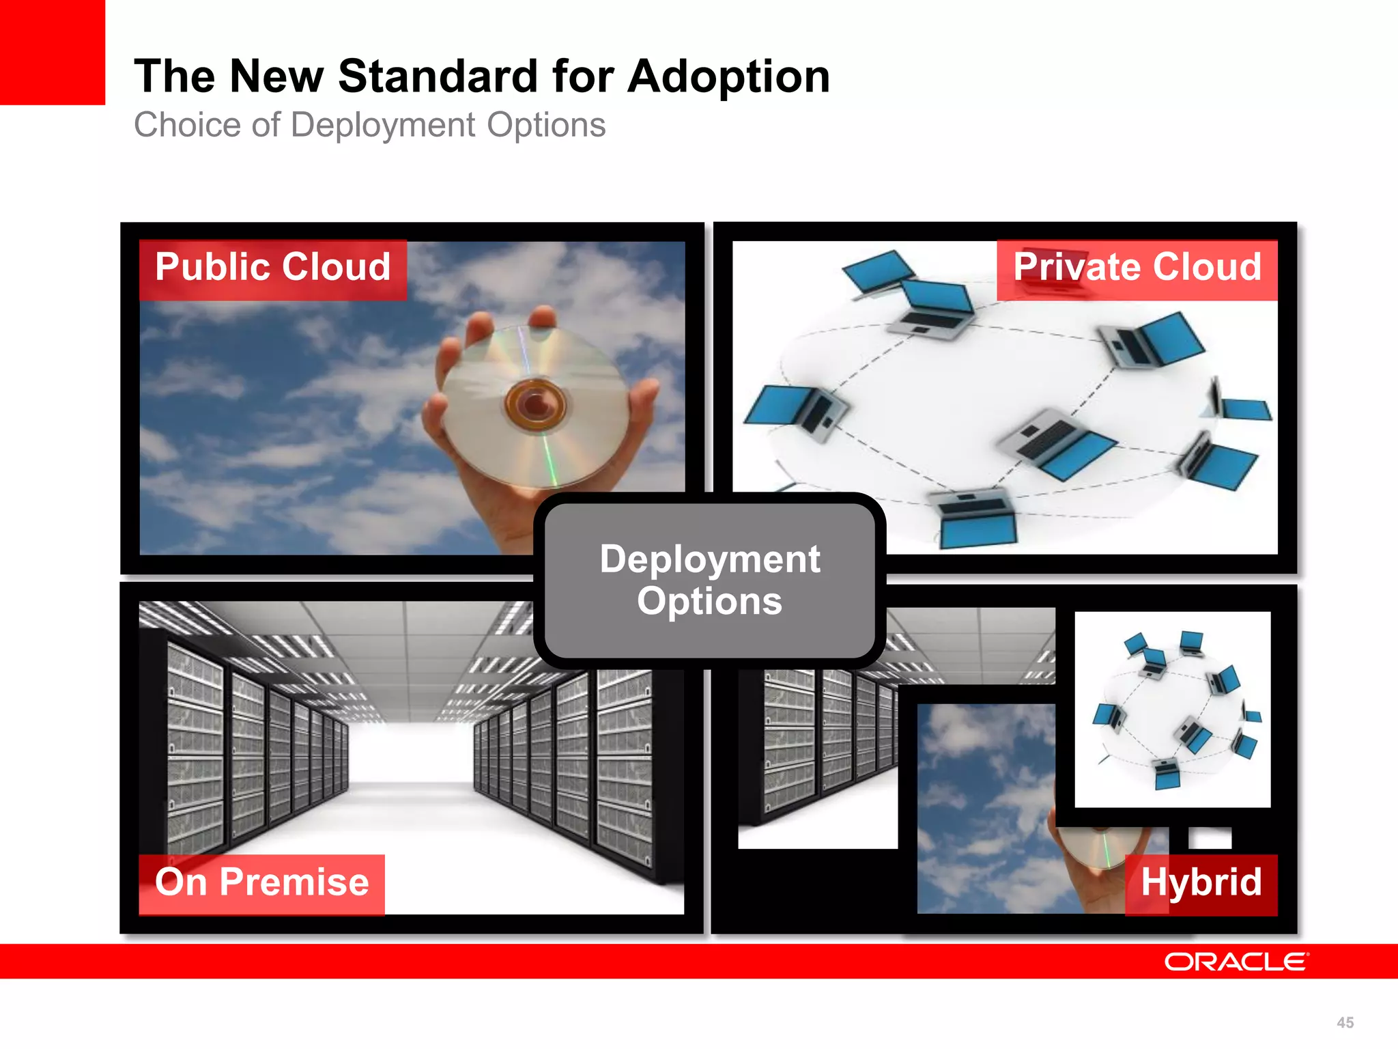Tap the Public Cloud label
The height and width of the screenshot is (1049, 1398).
[272, 268]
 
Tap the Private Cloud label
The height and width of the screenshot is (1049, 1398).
[1137, 268]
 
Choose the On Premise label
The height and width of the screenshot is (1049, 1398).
[261, 882]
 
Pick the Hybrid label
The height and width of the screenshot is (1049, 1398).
[1201, 882]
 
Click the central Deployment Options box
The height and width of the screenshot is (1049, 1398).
[709, 581]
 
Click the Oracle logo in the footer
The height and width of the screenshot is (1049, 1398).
[1236, 962]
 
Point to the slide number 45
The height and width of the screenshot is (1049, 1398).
[1345, 1022]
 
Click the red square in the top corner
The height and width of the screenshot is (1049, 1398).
[52, 52]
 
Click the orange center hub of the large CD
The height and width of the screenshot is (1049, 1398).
[535, 404]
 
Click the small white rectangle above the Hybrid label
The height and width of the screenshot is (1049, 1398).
[1210, 837]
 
